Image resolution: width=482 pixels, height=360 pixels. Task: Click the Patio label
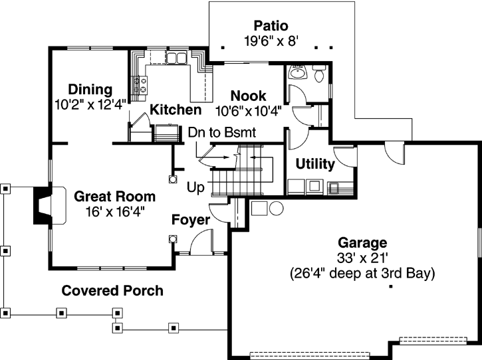270,26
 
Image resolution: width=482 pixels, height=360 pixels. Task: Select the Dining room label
90,90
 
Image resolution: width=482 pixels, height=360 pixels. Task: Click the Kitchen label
175,110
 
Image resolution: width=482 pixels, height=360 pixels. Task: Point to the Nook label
248,96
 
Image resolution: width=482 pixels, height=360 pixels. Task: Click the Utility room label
314,164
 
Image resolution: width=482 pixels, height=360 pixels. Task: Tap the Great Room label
114,197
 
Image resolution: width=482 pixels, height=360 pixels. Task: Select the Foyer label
191,220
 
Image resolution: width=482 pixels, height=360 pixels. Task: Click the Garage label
362,243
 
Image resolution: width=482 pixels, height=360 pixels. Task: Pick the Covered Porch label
112,291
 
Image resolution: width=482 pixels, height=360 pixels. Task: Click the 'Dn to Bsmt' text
217,132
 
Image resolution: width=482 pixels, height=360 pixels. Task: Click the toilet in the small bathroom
318,76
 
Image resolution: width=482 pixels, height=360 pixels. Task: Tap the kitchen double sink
176,59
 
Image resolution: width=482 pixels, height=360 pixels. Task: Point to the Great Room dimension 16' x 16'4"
114,211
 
